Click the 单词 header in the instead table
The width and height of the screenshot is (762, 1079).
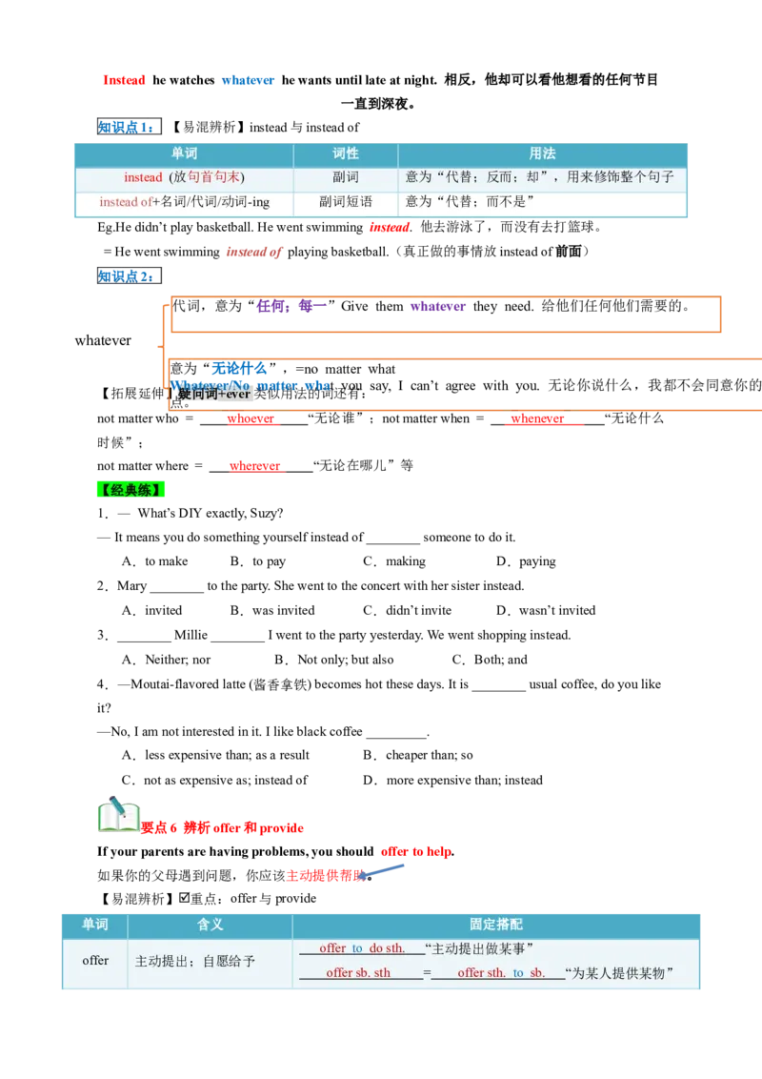(x=184, y=153)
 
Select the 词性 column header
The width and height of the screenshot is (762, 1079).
(x=345, y=153)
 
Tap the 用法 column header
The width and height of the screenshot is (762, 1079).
(x=542, y=153)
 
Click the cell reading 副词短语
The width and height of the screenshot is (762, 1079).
(x=345, y=202)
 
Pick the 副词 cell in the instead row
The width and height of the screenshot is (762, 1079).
(x=345, y=177)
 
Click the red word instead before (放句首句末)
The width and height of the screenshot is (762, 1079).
(x=143, y=178)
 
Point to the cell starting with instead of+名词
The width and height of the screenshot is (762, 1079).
(x=184, y=202)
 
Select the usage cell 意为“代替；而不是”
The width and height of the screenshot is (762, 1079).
(x=470, y=202)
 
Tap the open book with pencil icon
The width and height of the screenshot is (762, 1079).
(x=117, y=816)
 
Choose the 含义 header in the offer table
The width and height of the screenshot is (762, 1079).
(x=210, y=925)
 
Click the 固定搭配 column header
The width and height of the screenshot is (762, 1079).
(x=495, y=925)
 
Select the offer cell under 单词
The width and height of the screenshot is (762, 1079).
(x=95, y=961)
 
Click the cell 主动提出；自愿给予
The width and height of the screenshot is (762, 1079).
(x=195, y=962)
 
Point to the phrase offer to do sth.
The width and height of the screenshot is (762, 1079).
(x=361, y=948)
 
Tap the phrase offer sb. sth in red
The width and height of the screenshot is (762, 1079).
(x=358, y=973)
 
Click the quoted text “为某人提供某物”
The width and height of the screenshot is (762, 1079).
(x=619, y=973)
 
